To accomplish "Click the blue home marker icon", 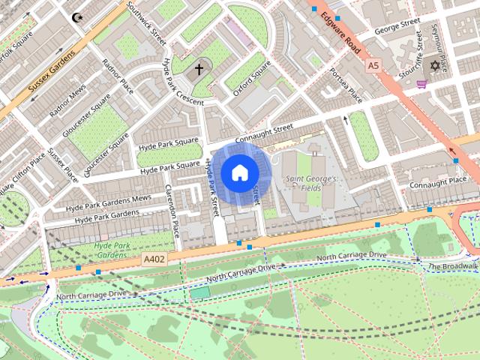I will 238,173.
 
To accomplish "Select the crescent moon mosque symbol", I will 76,16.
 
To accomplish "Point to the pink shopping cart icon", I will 422,84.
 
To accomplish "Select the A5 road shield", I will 373,66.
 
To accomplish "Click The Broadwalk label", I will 453,266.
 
